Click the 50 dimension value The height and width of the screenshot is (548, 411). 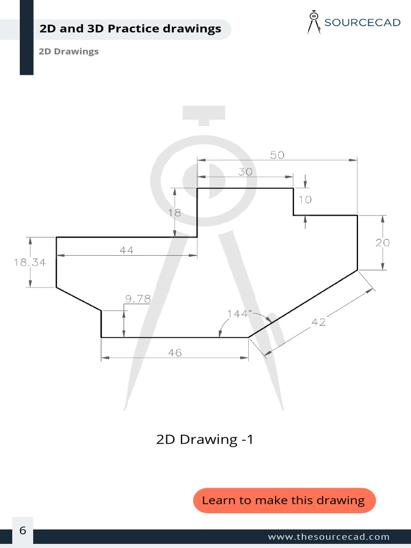pyautogui.click(x=277, y=155)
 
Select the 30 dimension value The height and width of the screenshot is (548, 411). pyautogui.click(x=245, y=172)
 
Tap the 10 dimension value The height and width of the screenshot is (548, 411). pyautogui.click(x=305, y=200)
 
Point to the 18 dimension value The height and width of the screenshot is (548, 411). pyautogui.click(x=174, y=212)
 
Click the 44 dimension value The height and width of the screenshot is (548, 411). pyautogui.click(x=127, y=250)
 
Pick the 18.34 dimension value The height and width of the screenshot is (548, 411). pyautogui.click(x=30, y=262)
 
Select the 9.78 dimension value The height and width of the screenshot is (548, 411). pyautogui.click(x=138, y=299)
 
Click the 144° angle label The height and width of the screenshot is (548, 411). pyautogui.click(x=239, y=314)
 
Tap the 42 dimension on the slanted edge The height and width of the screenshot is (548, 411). pyautogui.click(x=318, y=322)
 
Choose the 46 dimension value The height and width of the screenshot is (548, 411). pyautogui.click(x=174, y=353)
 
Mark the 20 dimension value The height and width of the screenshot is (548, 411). pyautogui.click(x=382, y=242)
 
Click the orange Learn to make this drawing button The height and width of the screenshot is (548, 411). pyautogui.click(x=284, y=500)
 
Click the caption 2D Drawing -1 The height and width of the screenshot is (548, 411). pyautogui.click(x=204, y=440)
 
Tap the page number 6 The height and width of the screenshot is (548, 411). pyautogui.click(x=22, y=531)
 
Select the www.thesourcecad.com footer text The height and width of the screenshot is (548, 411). pyautogui.click(x=329, y=537)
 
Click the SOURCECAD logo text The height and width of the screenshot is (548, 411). pyautogui.click(x=362, y=22)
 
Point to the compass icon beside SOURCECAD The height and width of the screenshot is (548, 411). pyautogui.click(x=314, y=22)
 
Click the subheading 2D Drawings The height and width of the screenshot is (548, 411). pyautogui.click(x=68, y=52)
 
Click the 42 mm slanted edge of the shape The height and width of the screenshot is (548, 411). pyautogui.click(x=303, y=304)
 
